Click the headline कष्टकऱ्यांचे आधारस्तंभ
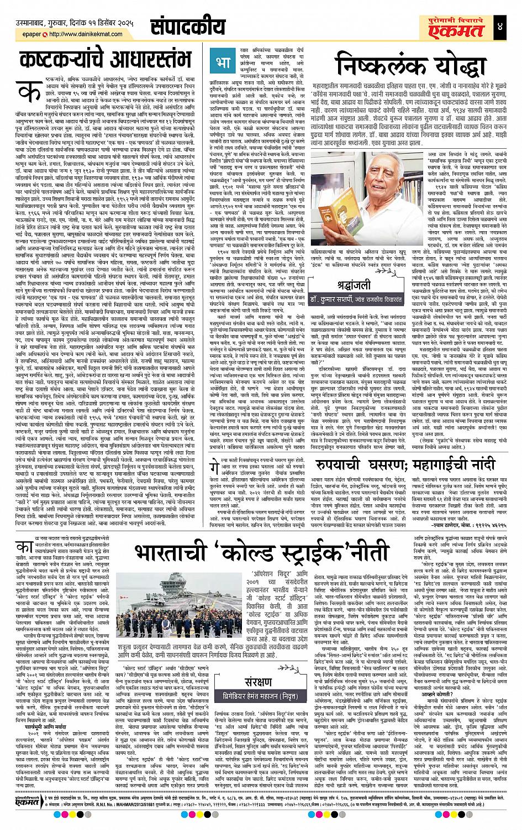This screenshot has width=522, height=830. coord(105,60)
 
